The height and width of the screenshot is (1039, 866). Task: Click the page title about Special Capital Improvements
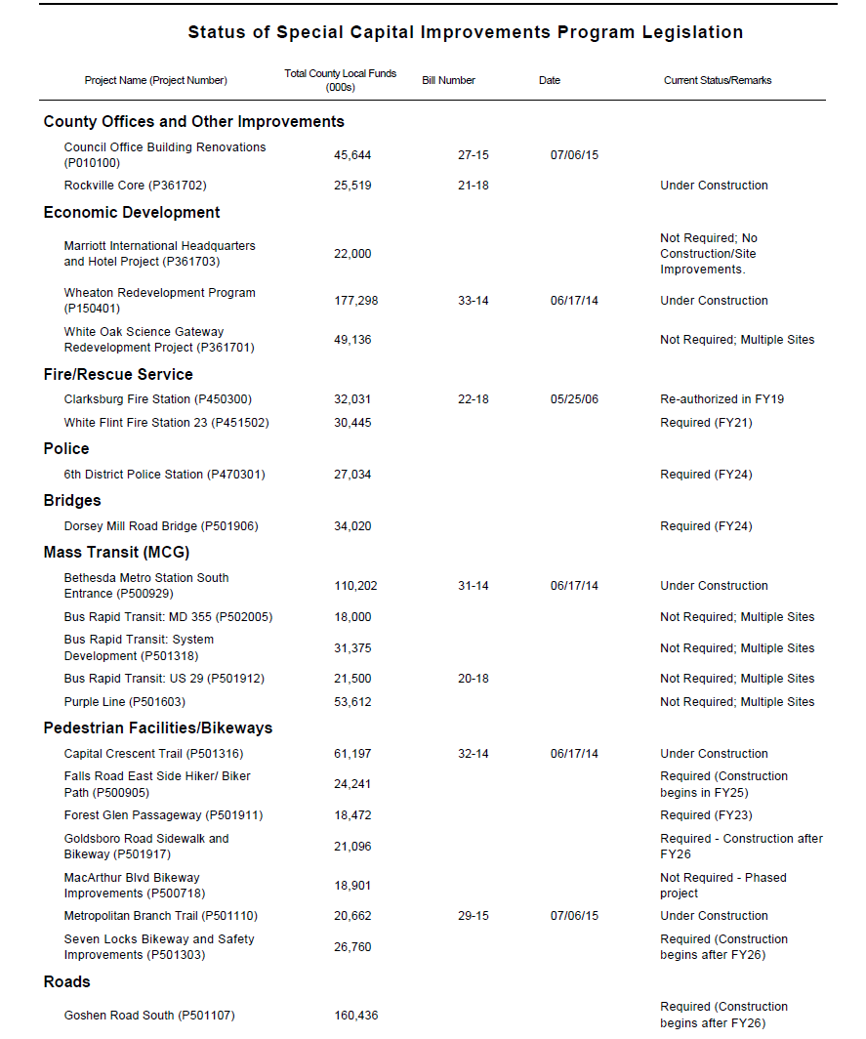click(x=465, y=32)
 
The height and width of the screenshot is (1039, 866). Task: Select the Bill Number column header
click(x=448, y=80)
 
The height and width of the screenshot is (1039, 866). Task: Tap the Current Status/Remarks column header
click(x=717, y=80)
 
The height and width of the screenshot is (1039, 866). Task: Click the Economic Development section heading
click(x=132, y=213)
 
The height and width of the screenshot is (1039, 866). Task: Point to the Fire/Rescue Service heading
click(x=118, y=375)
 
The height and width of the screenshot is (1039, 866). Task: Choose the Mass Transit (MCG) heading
click(x=116, y=553)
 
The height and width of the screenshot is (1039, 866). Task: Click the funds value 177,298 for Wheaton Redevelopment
click(x=355, y=301)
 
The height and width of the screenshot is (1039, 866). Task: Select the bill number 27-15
click(x=473, y=155)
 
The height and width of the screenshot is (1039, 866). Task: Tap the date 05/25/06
click(x=574, y=399)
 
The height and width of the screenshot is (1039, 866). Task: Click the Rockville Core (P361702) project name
click(x=135, y=186)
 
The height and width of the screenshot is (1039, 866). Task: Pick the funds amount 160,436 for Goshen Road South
click(x=355, y=1016)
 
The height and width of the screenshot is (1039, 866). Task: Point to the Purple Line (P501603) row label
click(x=124, y=702)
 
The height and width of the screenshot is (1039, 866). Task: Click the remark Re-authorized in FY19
click(x=722, y=399)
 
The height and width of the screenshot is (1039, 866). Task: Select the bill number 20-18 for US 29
click(x=473, y=679)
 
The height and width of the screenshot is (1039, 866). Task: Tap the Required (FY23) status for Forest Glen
click(x=706, y=815)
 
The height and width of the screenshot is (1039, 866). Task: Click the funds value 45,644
click(x=352, y=155)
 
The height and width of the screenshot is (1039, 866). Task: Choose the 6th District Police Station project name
click(x=164, y=475)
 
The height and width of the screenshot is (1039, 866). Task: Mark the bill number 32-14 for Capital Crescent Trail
click(x=473, y=754)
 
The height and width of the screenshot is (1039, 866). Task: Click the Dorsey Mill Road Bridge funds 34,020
click(x=352, y=526)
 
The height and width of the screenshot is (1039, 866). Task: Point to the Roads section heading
click(x=66, y=982)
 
